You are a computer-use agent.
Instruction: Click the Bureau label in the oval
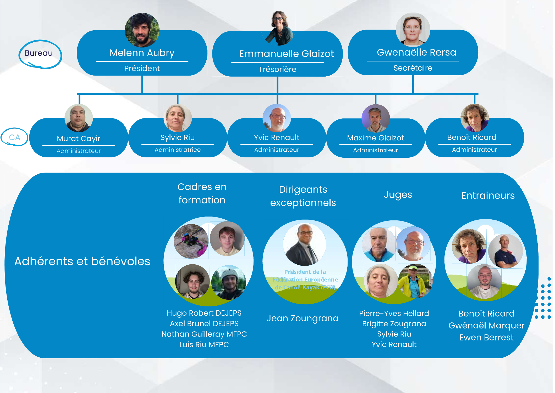39,53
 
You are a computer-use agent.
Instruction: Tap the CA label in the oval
14,137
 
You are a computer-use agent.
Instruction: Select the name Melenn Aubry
142,53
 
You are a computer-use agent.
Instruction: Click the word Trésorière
277,69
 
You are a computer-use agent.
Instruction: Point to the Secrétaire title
413,68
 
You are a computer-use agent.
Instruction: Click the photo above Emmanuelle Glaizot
279,28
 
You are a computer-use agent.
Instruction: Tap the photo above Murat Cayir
79,118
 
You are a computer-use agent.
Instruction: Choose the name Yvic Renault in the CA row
277,138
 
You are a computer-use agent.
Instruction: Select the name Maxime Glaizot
375,138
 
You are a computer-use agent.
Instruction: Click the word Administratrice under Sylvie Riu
178,150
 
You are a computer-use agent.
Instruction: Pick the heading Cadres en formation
202,193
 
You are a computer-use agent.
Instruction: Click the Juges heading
398,195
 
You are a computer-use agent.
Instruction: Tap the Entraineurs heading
488,196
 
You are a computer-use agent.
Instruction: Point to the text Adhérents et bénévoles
82,261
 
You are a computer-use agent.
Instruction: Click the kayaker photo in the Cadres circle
191,241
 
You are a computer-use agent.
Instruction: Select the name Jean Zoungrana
303,318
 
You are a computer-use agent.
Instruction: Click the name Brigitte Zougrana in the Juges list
394,324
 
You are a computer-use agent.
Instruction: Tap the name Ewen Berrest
486,338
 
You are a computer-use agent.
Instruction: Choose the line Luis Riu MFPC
204,345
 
